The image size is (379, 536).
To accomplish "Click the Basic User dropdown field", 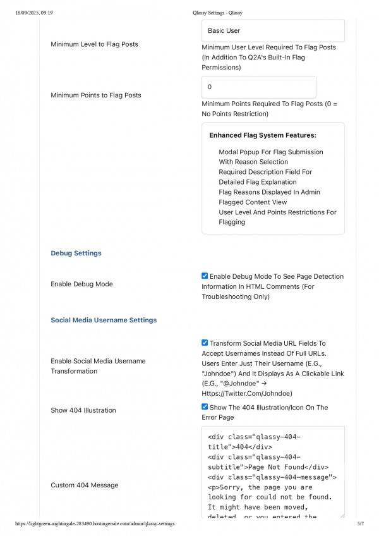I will tap(273, 30).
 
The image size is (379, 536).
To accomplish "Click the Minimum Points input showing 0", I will tap(258, 87).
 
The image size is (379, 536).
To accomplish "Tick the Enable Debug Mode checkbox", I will tap(205, 276).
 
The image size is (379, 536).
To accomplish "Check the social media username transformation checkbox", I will tap(205, 343).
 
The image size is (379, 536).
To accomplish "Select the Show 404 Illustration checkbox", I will tap(205, 407).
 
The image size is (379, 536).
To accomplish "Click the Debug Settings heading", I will tap(76, 253).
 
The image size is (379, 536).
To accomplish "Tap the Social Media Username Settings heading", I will tap(104, 320).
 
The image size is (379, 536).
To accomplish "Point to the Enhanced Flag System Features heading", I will tap(263, 135).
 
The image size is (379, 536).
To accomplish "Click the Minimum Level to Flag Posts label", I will tap(94, 44).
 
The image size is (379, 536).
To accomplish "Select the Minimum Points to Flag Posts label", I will tap(96, 95).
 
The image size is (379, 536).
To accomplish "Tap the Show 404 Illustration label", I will tap(83, 410).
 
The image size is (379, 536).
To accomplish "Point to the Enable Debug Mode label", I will tap(81, 284).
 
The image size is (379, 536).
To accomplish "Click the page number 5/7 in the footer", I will tap(361, 524).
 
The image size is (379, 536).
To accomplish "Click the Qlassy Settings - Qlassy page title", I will tap(217, 13).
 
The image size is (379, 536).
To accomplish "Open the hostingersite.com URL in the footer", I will tap(95, 524).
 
